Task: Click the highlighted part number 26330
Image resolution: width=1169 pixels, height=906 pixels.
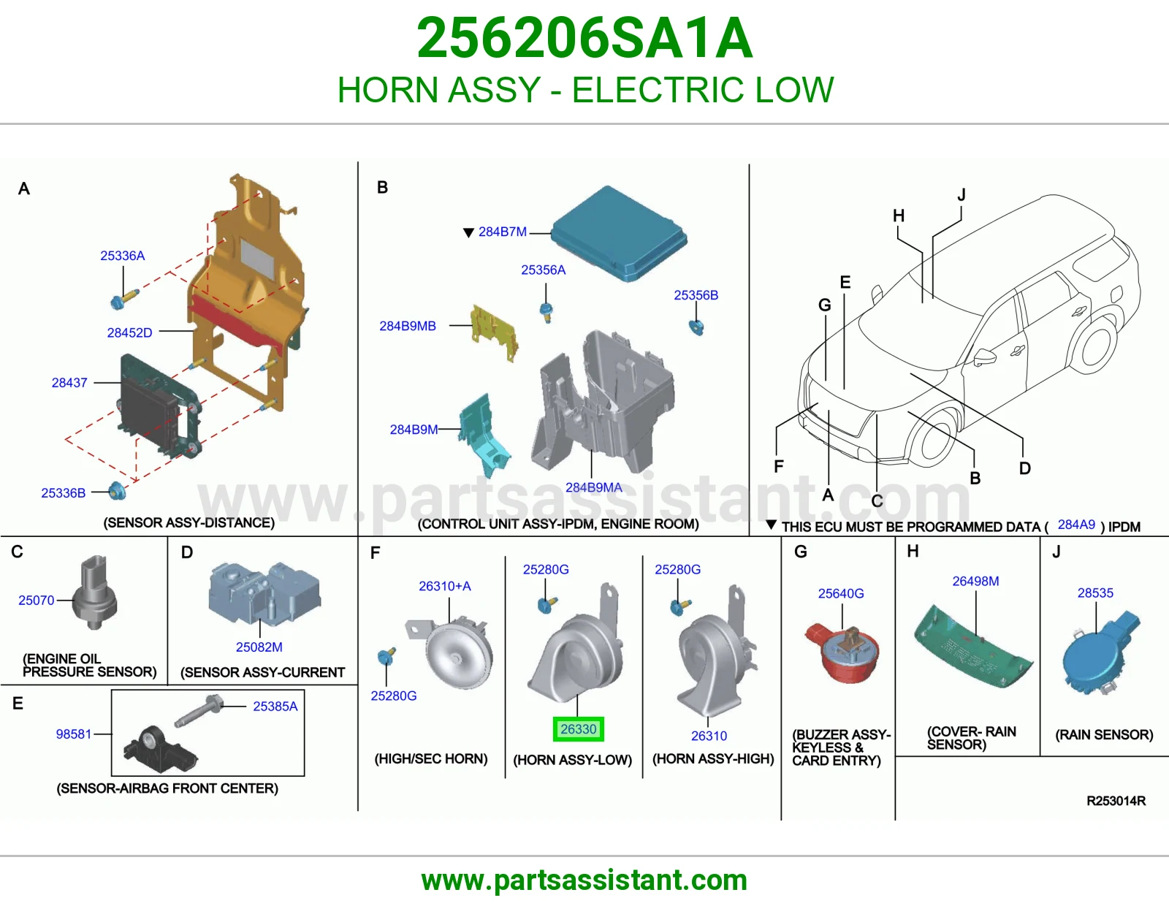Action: pos(579,729)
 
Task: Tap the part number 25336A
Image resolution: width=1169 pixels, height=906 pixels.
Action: pos(123,256)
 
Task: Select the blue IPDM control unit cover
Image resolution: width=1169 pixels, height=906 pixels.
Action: pos(619,234)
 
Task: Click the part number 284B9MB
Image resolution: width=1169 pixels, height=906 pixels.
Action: pos(408,326)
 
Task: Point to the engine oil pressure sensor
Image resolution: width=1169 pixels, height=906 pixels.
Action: pos(95,593)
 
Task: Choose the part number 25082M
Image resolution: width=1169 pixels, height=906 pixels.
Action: pos(259,647)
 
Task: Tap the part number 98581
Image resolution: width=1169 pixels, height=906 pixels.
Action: pos(74,734)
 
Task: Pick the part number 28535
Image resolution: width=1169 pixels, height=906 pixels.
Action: pos(1095,593)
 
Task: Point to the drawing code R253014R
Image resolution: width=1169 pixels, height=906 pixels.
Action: pos(1116,801)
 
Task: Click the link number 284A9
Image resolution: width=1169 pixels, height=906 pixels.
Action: pos(1076,525)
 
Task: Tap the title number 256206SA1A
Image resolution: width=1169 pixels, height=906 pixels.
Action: pos(584,38)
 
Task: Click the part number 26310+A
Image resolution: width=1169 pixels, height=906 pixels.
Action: pos(445,586)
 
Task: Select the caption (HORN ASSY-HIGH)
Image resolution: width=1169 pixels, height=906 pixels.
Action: pos(713,758)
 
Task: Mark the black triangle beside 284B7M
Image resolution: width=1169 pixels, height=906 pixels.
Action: pos(468,232)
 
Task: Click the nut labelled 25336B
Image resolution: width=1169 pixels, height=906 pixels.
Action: pos(117,491)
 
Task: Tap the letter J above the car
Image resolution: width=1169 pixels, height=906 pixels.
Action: pos(962,194)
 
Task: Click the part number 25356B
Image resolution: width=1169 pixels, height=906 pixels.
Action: pos(696,295)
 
